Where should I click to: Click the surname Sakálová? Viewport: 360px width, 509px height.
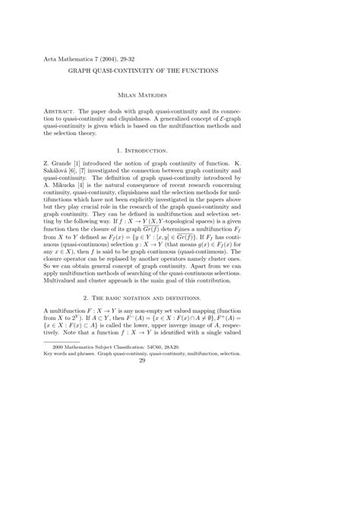[59, 172]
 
